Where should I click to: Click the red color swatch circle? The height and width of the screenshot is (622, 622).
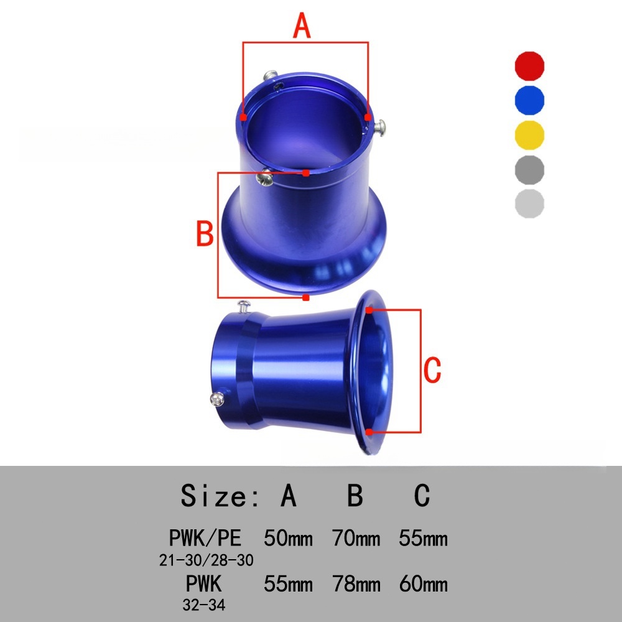(529, 66)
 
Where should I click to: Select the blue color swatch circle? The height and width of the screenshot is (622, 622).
(529, 100)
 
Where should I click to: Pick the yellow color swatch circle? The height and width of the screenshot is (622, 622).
(529, 135)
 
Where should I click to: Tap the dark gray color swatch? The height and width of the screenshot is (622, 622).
(529, 170)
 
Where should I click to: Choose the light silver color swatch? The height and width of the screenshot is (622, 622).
(529, 204)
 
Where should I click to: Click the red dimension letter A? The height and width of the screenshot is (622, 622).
(302, 26)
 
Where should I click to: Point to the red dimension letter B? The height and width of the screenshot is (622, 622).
(205, 233)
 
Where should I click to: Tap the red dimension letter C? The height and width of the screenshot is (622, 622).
(432, 369)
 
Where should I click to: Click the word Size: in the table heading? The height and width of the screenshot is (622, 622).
(220, 496)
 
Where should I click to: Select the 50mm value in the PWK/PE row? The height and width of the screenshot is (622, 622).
(288, 538)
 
